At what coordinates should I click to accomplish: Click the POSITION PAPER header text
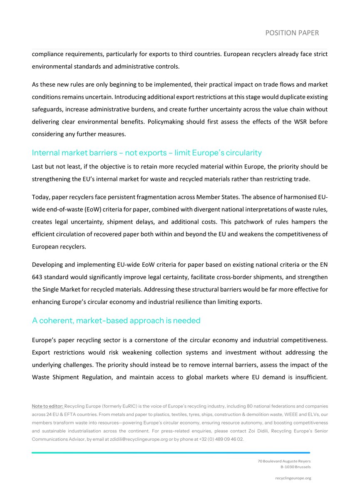click(x=292, y=32)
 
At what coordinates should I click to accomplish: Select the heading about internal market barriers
click(x=146, y=153)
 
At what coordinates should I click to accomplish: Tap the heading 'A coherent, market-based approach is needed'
click(x=116, y=320)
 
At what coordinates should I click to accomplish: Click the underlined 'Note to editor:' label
click(x=47, y=405)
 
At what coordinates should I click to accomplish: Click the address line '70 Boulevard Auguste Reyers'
click(x=284, y=461)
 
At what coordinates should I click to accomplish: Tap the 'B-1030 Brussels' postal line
click(x=295, y=467)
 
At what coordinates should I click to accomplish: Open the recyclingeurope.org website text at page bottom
click(x=293, y=478)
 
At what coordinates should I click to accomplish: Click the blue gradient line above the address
click(x=171, y=452)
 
